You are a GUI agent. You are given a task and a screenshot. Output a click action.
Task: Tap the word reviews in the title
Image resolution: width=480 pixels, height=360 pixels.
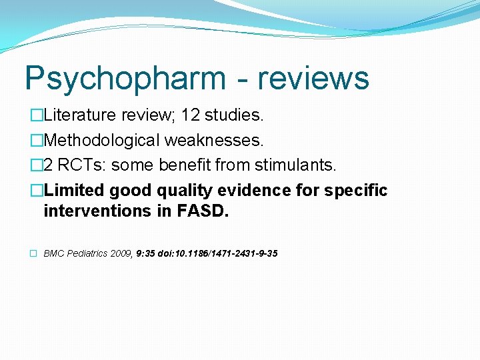click(x=313, y=77)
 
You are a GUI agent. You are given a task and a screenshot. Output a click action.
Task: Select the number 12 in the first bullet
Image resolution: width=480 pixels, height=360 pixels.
click(x=191, y=115)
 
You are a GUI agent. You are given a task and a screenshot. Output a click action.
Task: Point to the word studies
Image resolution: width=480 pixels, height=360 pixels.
click(x=234, y=115)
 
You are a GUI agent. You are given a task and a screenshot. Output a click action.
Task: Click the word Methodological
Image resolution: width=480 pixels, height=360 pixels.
click(x=101, y=140)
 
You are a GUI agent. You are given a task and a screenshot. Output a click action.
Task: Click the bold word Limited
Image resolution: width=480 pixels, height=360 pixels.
click(x=73, y=190)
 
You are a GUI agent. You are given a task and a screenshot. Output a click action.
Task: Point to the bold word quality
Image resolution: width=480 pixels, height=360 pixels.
click(x=184, y=190)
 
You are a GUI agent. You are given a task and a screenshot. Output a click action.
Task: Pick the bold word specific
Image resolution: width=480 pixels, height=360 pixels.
click(x=357, y=190)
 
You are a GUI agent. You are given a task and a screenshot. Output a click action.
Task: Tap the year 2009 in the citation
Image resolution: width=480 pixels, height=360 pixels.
click(x=122, y=253)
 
